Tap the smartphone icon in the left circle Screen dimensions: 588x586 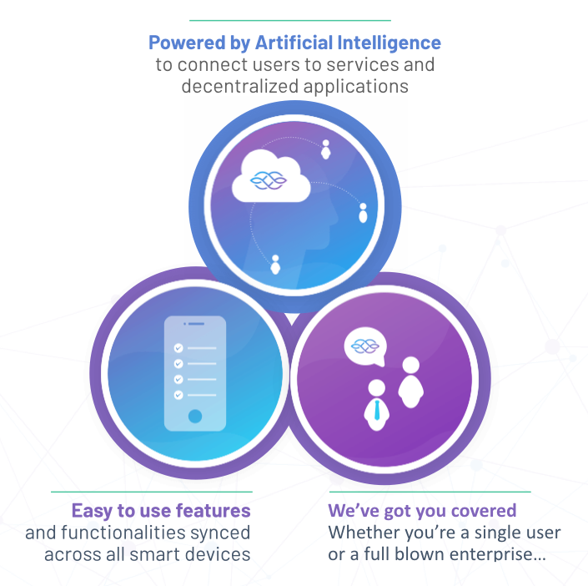194,372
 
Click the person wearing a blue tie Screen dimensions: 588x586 376,404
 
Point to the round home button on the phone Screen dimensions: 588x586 194,415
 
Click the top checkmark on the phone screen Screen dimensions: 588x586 178,348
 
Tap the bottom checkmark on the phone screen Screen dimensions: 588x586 178,394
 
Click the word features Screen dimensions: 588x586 218,510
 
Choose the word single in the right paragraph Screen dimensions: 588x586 484,533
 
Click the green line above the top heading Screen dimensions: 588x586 289,19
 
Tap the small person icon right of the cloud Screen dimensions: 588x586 325,150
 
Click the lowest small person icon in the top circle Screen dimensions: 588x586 275,265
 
